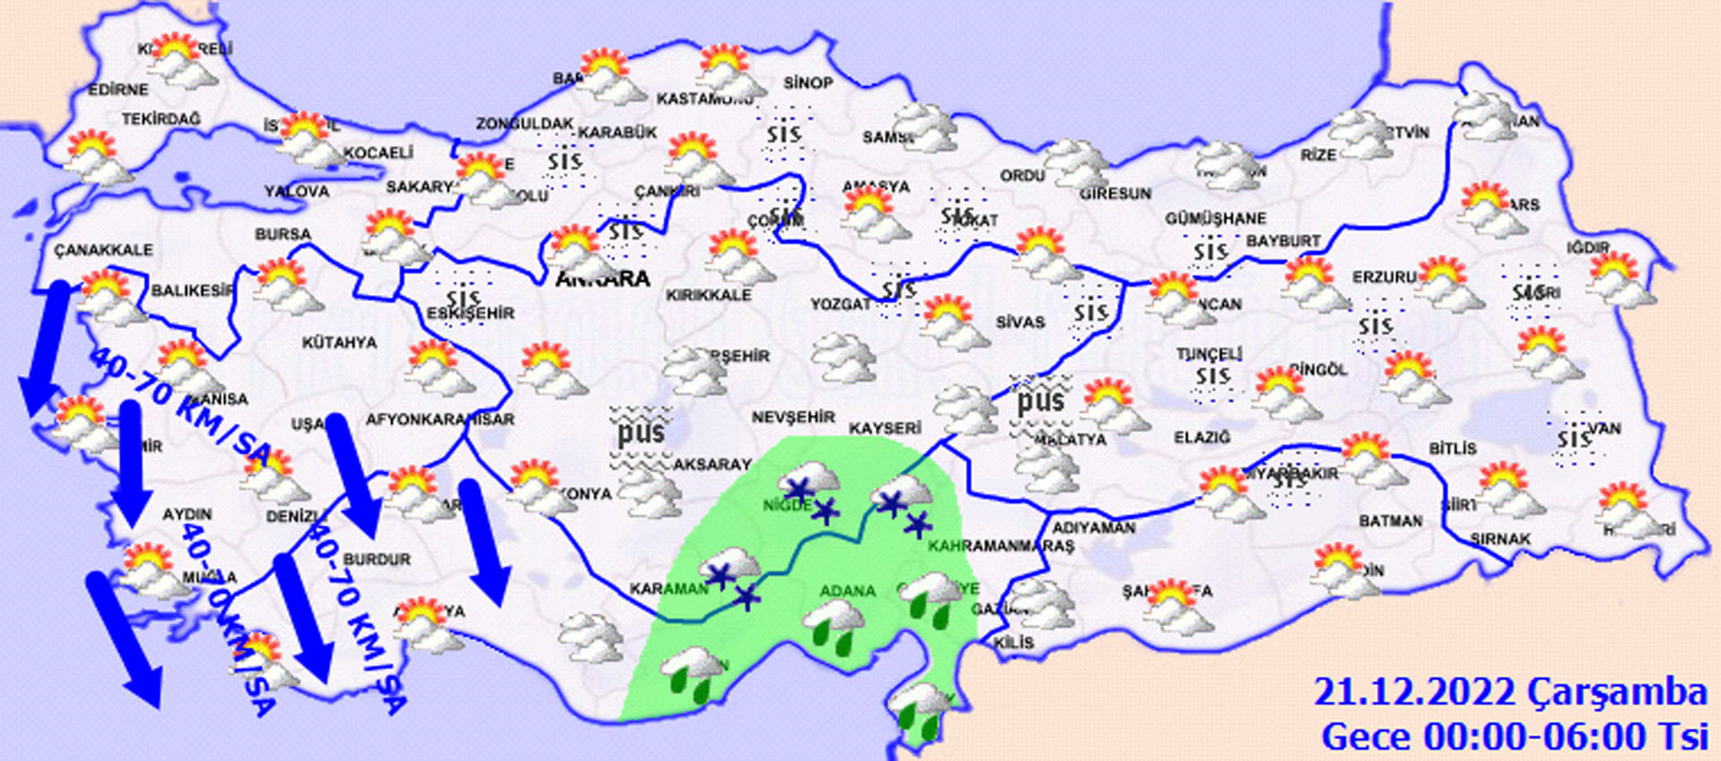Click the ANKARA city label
602,279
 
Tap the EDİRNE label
117,90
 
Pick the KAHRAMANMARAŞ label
1000,546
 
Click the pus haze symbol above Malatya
1040,401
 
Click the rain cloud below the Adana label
834,625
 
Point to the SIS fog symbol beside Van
1574,439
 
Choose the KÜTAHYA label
339,342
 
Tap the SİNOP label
808,82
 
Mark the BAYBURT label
1284,241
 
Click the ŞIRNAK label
1500,539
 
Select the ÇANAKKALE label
103,250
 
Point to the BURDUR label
376,559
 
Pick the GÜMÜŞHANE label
1215,219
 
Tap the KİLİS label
1014,643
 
